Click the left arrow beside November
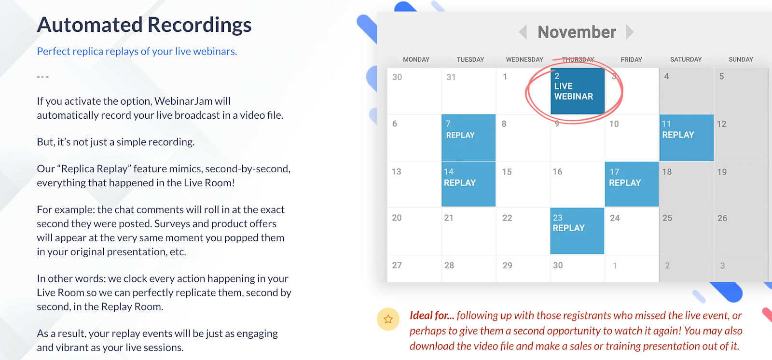[523, 32]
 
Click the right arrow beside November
[630, 32]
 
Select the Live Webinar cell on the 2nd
[577, 91]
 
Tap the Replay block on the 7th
[469, 138]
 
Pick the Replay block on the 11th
[687, 138]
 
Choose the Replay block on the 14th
[469, 184]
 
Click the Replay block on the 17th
[632, 184]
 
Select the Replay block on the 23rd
[577, 231]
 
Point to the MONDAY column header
[416, 59]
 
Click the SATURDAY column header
[686, 59]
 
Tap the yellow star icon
[388, 319]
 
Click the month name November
[577, 32]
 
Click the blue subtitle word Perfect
[54, 51]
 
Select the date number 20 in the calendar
[397, 218]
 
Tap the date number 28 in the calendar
[449, 265]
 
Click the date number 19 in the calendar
[722, 172]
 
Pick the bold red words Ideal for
[432, 315]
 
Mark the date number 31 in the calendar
[451, 77]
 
